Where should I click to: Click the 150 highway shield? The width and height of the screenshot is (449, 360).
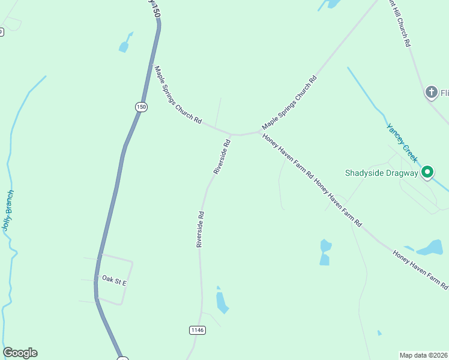click(140, 107)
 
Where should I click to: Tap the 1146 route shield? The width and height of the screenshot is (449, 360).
click(197, 330)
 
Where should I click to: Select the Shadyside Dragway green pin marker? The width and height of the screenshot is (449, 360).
click(427, 173)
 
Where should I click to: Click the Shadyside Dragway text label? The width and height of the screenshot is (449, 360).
click(381, 173)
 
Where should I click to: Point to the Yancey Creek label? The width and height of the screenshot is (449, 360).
click(402, 143)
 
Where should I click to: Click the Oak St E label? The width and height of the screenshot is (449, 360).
click(115, 280)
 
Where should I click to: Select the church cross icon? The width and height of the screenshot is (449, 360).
click(430, 92)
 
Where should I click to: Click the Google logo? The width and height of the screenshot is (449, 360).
click(20, 353)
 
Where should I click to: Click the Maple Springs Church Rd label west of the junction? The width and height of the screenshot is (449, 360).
click(178, 95)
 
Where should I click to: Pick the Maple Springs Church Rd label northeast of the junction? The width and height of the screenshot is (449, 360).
click(289, 103)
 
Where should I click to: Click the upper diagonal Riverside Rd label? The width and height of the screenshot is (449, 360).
click(222, 157)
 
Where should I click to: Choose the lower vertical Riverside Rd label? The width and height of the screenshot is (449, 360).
click(200, 229)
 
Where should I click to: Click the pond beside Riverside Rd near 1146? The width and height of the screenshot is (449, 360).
click(221, 302)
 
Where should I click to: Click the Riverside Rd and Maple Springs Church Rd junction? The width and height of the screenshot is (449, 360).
click(231, 133)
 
